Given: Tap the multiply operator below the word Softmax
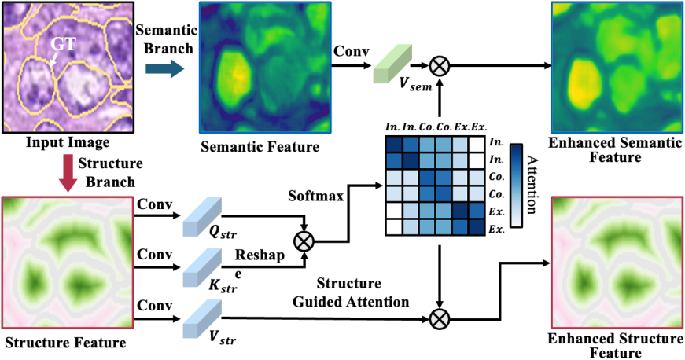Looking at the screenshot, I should click(x=302, y=239).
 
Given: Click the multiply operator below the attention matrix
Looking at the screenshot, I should click(x=442, y=319).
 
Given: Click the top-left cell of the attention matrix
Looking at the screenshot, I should click(x=392, y=143).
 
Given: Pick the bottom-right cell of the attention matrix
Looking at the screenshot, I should click(x=477, y=227).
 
